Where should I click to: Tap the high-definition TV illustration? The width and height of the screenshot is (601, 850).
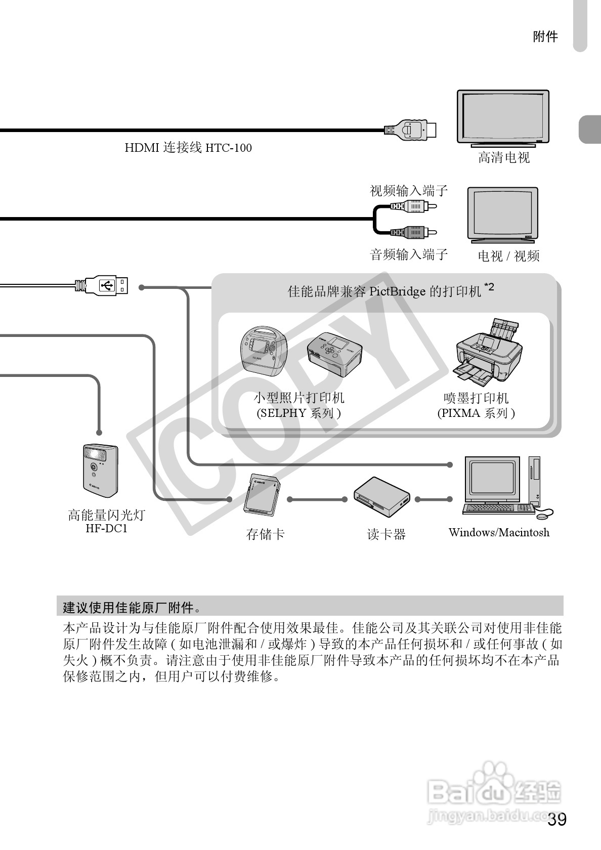coord(503,117)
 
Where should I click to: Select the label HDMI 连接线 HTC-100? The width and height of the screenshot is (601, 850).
coord(188,148)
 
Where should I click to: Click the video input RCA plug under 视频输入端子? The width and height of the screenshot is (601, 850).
coord(412,206)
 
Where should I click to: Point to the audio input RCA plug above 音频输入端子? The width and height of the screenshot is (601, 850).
coord(412,232)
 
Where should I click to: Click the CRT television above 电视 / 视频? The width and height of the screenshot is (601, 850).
coord(502,214)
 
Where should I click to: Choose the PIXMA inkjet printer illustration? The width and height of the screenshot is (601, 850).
coord(488,350)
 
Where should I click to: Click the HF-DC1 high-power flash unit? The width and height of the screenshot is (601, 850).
coord(100,468)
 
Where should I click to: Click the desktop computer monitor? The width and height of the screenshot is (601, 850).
coord(492,479)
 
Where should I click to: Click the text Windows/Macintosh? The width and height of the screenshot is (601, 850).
coord(499,532)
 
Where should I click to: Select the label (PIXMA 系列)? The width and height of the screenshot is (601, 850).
coord(476,413)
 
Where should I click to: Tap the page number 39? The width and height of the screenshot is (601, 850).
coord(557,820)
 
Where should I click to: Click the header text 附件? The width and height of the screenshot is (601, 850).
coord(545,36)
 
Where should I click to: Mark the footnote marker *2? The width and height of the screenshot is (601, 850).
coord(489,287)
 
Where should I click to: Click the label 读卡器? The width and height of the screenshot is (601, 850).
coord(387,534)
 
